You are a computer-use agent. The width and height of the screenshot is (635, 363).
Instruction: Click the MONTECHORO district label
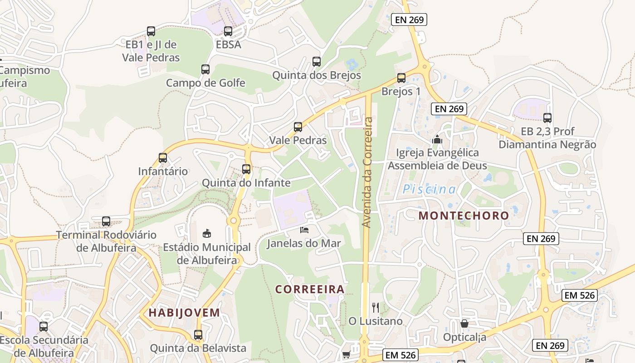[x=464, y=216]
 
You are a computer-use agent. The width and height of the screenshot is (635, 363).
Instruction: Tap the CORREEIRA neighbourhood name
[x=310, y=289]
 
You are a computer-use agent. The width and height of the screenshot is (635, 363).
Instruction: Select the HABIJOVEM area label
[x=184, y=313]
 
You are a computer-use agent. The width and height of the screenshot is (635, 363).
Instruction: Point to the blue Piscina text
[x=429, y=190]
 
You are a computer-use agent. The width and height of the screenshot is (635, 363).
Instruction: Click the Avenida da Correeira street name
[x=367, y=172]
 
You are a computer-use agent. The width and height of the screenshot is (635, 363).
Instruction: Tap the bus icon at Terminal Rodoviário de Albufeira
[x=106, y=221]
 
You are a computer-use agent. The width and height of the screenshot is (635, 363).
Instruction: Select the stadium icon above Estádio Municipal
[x=207, y=233]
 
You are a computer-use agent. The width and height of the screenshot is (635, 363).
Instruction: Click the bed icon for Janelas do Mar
[x=304, y=230]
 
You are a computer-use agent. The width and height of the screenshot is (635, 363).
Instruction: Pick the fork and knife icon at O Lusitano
[x=375, y=308]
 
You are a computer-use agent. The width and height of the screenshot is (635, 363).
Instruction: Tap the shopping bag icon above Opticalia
[x=464, y=324]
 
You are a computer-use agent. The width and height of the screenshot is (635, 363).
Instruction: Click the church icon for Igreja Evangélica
[x=437, y=139]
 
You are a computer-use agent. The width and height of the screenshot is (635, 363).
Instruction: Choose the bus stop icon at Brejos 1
[x=401, y=78]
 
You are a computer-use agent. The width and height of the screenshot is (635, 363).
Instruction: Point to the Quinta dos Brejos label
[x=317, y=75]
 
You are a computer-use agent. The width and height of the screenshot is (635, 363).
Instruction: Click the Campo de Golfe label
[x=205, y=83]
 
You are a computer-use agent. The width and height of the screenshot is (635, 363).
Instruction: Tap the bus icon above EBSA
[x=228, y=31]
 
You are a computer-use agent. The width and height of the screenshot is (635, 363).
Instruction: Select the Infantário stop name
[x=163, y=172]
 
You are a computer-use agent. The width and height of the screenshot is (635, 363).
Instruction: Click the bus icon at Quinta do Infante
[x=246, y=169]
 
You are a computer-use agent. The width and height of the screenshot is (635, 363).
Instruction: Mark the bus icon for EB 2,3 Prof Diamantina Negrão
[x=547, y=118]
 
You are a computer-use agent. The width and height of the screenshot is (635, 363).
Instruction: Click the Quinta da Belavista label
[x=198, y=348]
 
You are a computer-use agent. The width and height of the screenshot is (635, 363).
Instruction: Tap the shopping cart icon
[x=346, y=354]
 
